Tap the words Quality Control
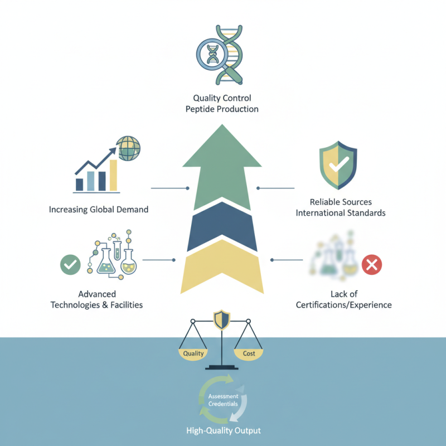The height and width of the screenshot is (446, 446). [x=222, y=98]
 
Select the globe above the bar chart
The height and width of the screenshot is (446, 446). [x=128, y=148]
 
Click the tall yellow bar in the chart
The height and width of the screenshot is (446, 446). [x=114, y=175]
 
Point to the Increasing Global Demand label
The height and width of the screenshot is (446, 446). [x=99, y=210]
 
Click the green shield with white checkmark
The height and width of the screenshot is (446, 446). [x=338, y=165]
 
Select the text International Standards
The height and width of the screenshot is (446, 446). [x=341, y=213]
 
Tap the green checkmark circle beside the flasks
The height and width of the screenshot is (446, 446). [x=70, y=264]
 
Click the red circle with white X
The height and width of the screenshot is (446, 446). [x=372, y=265]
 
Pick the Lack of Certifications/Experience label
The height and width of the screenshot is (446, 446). [x=344, y=299]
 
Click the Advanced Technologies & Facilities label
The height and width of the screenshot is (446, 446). [x=96, y=299]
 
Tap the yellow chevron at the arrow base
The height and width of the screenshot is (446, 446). [x=222, y=261]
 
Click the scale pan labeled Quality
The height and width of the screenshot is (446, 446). [x=193, y=354]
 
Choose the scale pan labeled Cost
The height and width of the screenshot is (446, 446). [x=249, y=354]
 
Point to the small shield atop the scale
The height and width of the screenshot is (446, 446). [x=221, y=319]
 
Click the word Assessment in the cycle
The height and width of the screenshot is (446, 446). [x=224, y=396]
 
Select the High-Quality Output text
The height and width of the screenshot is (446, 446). [x=224, y=430]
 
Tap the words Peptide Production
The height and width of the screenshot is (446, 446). [x=222, y=109]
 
